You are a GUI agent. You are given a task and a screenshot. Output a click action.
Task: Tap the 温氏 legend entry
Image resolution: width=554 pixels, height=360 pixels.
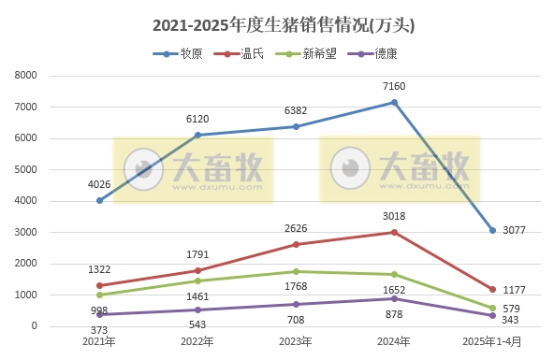pyautogui.click(x=245, y=54)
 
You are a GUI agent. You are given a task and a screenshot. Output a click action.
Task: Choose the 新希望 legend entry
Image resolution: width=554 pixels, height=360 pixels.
pyautogui.click(x=312, y=54)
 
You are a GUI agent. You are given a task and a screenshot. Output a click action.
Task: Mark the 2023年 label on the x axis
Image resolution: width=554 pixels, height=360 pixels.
pyautogui.click(x=296, y=341)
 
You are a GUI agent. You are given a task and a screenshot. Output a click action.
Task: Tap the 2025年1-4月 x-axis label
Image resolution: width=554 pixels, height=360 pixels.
pyautogui.click(x=492, y=341)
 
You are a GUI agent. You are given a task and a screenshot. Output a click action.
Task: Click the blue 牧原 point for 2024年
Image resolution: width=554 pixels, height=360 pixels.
pyautogui.click(x=394, y=102)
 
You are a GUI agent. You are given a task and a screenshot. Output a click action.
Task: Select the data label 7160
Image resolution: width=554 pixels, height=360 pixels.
pyautogui.click(x=394, y=84)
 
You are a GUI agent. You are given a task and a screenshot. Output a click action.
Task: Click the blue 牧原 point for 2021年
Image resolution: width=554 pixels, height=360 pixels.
pyautogui.click(x=99, y=200)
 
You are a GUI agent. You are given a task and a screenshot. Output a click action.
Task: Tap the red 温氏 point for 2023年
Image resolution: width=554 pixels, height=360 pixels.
pyautogui.click(x=296, y=244)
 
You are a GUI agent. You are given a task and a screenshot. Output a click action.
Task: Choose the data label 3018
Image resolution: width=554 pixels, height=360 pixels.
pyautogui.click(x=394, y=215)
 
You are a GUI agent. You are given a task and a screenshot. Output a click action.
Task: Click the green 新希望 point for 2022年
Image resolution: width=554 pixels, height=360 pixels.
pyautogui.click(x=197, y=281)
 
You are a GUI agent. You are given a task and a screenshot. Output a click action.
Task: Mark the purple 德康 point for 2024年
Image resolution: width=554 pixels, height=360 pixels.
pyautogui.click(x=394, y=298)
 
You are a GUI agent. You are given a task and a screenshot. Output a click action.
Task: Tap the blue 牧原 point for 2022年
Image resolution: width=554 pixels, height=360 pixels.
pyautogui.click(x=197, y=135)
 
